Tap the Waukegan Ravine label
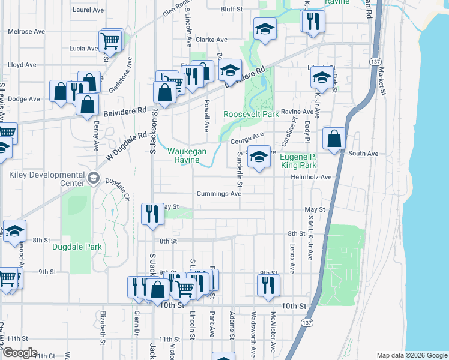(x=191, y=155)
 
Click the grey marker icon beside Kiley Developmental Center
(x=94, y=178)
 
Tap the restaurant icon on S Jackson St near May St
(x=152, y=214)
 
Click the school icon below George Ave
(x=258, y=157)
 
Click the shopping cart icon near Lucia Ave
(x=110, y=41)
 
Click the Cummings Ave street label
(x=219, y=194)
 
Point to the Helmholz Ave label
(x=311, y=178)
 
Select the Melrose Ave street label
(x=26, y=31)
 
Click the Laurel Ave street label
(x=88, y=10)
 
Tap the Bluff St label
(x=231, y=10)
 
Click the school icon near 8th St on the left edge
(x=14, y=231)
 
